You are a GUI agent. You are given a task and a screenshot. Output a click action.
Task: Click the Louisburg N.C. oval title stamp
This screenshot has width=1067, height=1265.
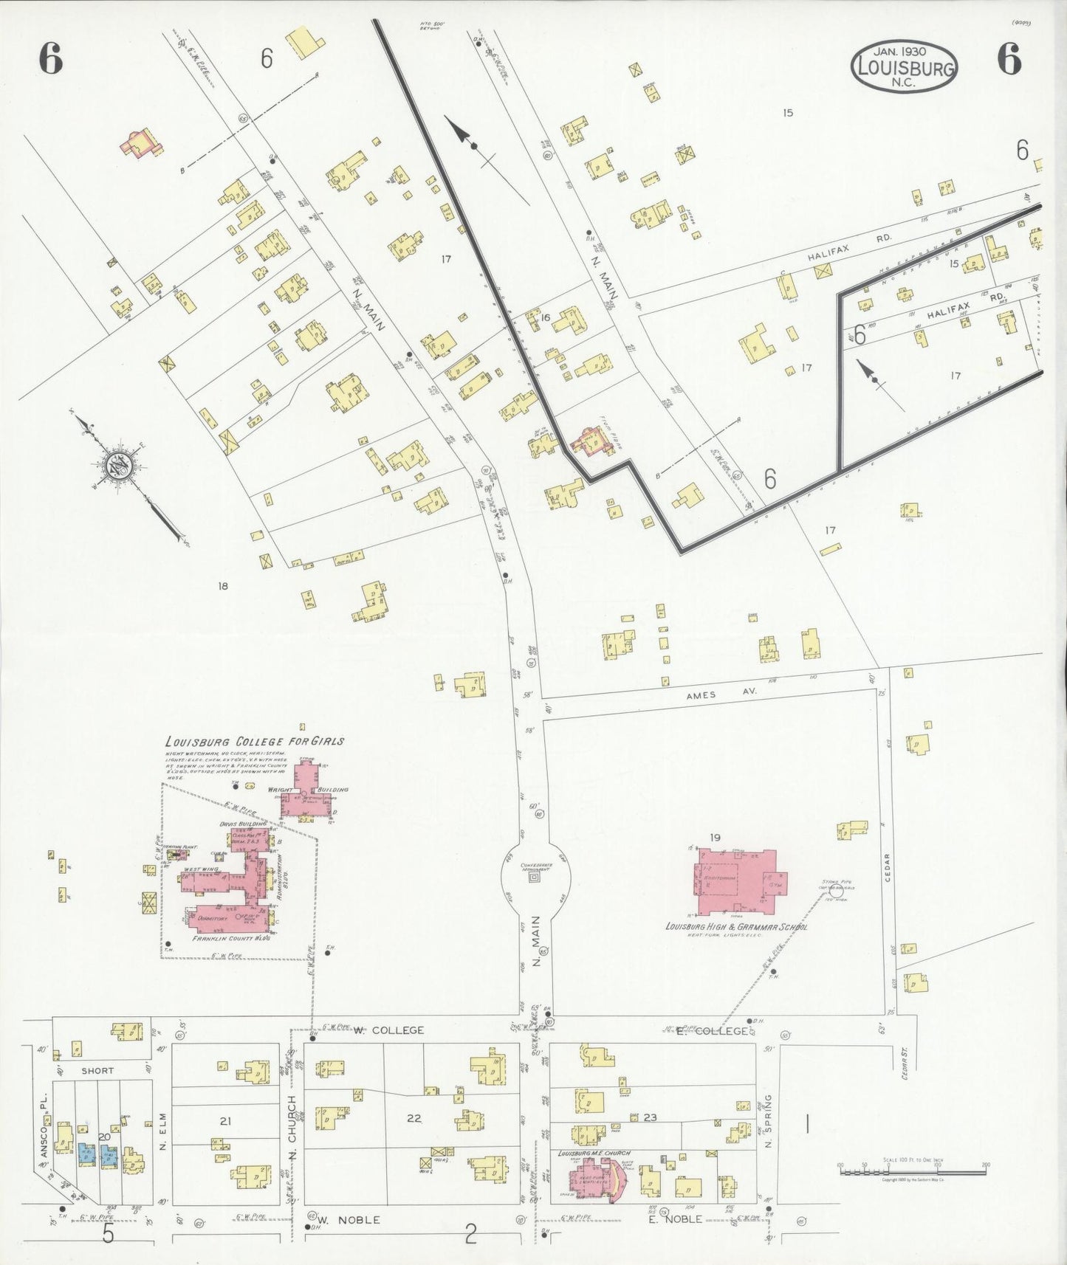click(904, 66)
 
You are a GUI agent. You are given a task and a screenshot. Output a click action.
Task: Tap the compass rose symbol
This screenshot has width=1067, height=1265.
click(118, 465)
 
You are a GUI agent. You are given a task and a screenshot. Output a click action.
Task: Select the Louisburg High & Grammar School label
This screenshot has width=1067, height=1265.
click(736, 927)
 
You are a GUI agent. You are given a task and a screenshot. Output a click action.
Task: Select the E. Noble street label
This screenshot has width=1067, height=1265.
click(674, 1219)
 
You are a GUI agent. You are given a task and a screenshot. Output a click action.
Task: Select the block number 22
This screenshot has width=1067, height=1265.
click(414, 1118)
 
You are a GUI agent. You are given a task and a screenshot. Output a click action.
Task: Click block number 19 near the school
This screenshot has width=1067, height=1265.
click(715, 837)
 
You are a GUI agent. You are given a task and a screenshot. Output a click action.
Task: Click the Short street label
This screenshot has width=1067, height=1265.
click(97, 1070)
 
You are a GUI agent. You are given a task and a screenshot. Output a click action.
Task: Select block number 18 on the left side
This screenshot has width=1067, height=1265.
click(222, 586)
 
